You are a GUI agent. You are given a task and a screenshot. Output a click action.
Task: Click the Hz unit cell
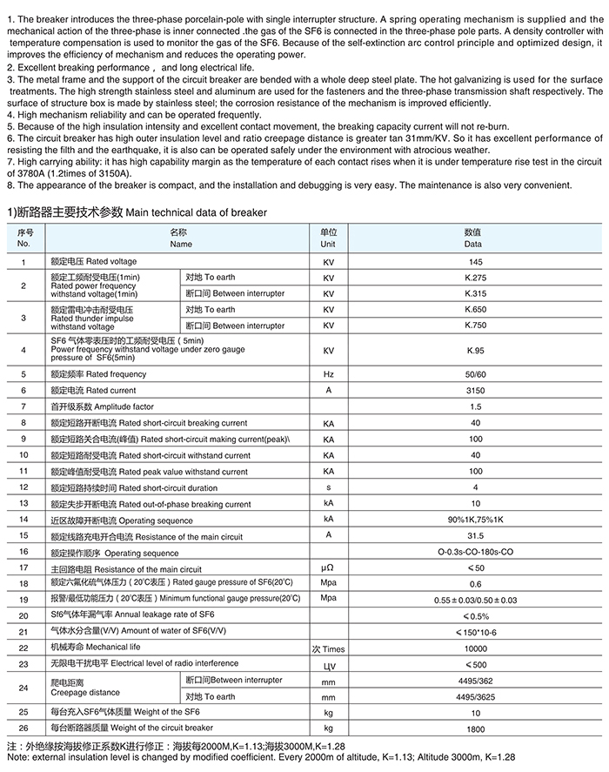coord(329,374)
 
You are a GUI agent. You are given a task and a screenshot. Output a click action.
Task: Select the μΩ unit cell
coord(329,567)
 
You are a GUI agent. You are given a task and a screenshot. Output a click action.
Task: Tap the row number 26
coord(23,728)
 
